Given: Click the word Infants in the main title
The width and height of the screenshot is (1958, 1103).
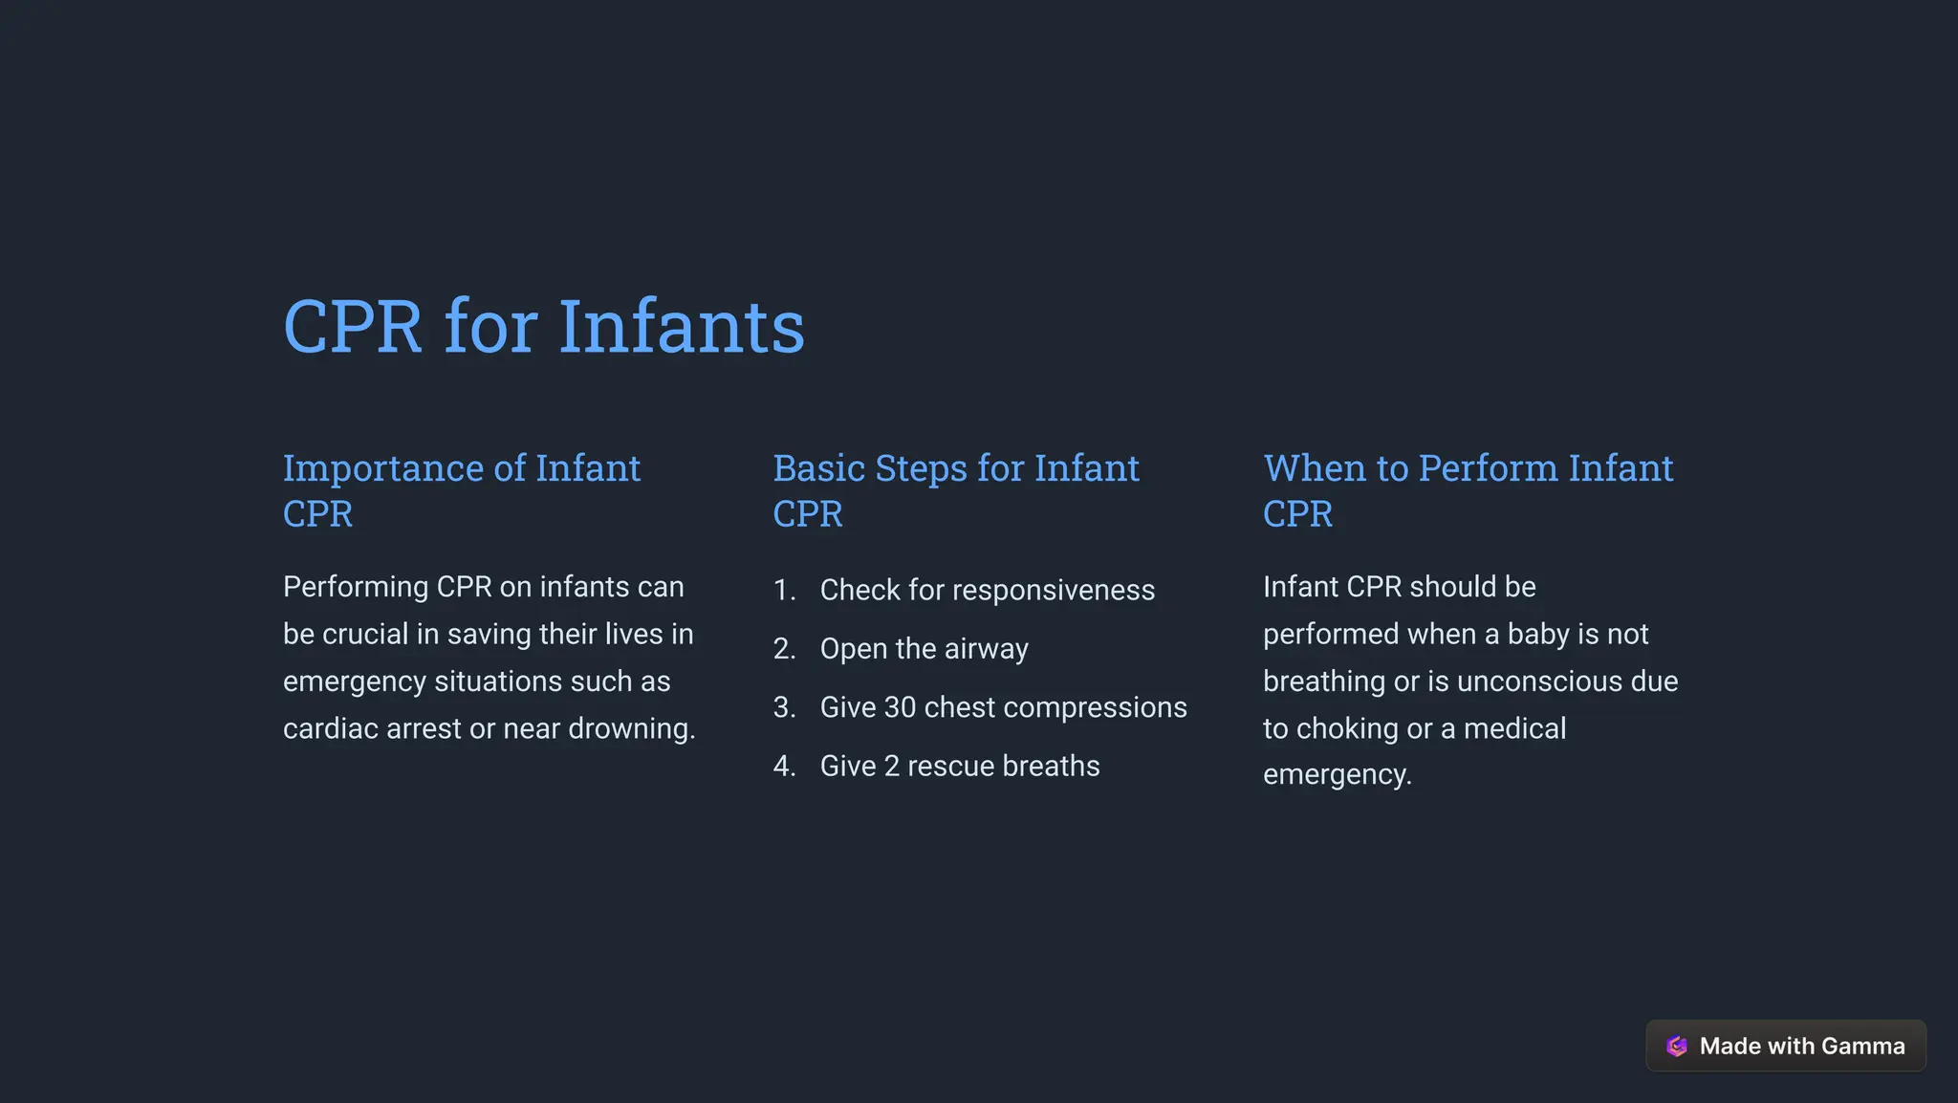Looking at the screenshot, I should click(681, 328).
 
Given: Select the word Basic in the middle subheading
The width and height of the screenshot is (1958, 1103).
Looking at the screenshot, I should click(817, 468).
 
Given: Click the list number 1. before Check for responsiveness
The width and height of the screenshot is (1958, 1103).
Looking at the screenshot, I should click(784, 591).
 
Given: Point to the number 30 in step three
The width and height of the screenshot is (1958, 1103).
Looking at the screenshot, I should click(900, 707).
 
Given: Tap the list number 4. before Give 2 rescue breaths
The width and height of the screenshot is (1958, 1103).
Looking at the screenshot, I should click(784, 767).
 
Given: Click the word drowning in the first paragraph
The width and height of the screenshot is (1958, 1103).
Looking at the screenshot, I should click(631, 729).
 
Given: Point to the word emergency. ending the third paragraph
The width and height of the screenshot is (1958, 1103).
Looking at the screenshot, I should click(1337, 775).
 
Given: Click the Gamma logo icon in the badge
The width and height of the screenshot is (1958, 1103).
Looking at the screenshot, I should click(1676, 1047).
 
